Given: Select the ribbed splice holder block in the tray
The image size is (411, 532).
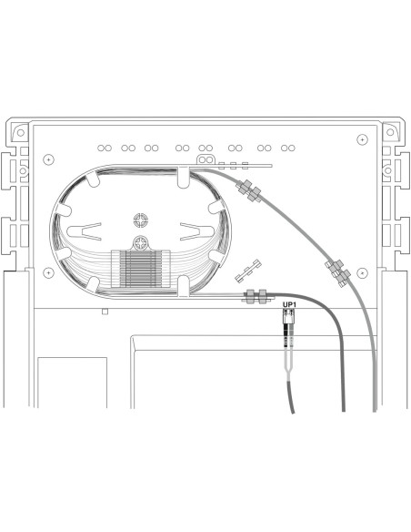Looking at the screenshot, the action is point(139,272).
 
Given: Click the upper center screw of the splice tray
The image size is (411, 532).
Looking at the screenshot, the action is point(140,220).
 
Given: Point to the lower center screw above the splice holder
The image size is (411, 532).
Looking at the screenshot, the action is point(139,243).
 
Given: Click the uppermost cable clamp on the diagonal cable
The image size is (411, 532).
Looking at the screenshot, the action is point(246,190).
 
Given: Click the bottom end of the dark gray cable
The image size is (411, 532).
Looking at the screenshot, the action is point(343,408).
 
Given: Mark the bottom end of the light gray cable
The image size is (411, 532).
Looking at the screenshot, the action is point(374,408).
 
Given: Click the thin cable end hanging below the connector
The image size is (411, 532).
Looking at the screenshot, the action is point(291,410).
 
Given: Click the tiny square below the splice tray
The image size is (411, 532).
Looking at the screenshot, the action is point(105,312).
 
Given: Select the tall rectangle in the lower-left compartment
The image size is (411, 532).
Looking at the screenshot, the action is point(72,383).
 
